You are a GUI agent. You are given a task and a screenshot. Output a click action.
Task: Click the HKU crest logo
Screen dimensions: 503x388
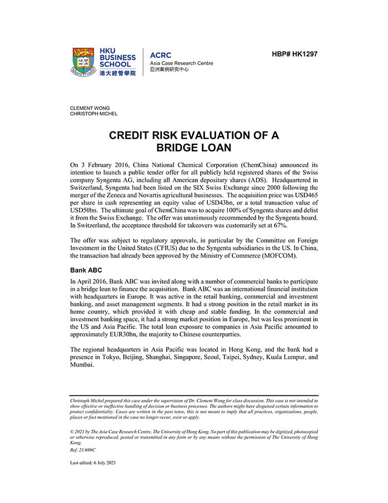tap(84, 62)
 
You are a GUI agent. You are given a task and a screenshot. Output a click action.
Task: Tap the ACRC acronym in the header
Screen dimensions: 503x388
tap(161, 55)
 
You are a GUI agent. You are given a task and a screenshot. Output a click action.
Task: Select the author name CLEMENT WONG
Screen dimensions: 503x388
tap(90, 108)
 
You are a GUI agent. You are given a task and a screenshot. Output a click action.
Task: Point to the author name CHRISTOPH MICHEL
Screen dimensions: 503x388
tap(94, 114)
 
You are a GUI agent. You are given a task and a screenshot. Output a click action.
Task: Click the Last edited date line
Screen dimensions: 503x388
tap(93, 462)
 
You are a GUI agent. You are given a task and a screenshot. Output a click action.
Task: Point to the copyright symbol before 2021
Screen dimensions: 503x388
tap(72, 431)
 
